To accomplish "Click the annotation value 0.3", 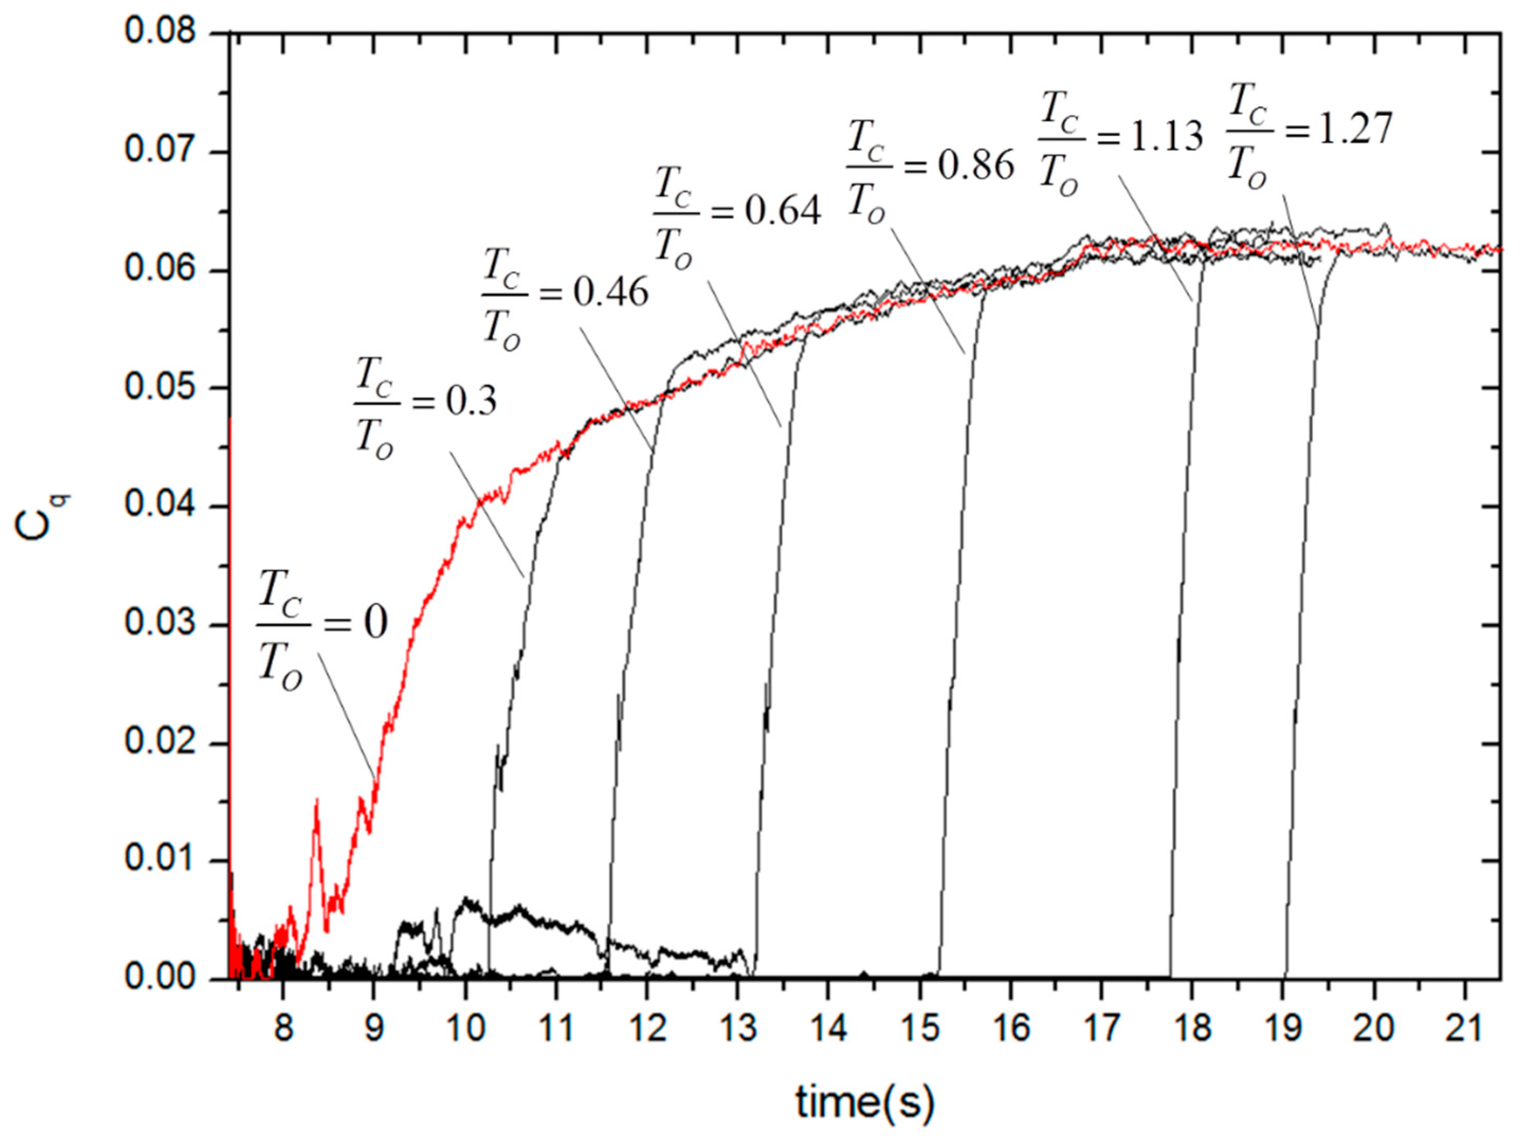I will pos(470,401).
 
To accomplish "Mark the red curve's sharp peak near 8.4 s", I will pos(316,800).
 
